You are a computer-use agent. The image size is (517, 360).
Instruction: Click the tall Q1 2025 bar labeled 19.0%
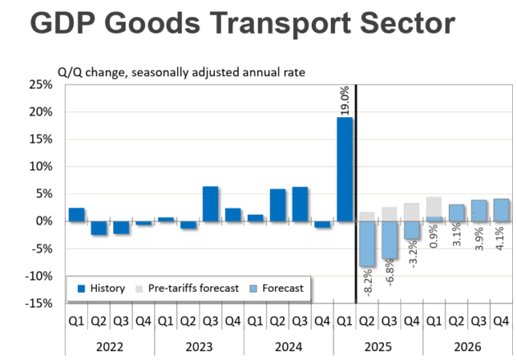(345, 169)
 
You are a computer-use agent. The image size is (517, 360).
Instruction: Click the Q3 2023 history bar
(211, 204)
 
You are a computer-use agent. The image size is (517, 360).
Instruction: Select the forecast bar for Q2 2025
(367, 244)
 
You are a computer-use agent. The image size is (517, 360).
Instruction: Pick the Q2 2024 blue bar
(277, 205)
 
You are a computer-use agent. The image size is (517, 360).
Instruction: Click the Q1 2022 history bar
(76, 215)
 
